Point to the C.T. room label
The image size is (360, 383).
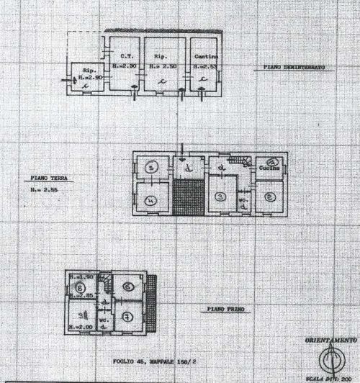(x=125, y=57)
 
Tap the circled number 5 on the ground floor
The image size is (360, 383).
(x=151, y=168)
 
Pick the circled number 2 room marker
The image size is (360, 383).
(x=269, y=197)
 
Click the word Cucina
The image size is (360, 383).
(x=269, y=171)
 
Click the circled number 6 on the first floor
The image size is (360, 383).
(x=127, y=287)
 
